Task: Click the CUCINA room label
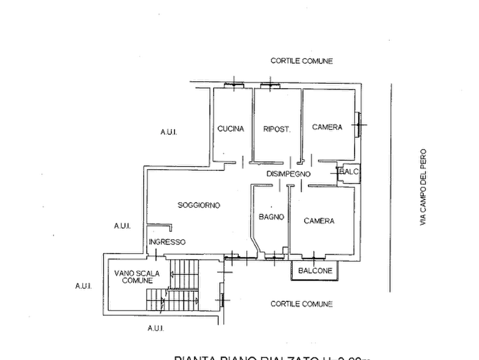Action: pos(232,129)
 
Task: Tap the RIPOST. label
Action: pos(277,129)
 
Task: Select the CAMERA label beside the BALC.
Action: pos(327,127)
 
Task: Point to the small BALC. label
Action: pos(349,171)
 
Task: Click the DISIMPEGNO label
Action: pos(289,174)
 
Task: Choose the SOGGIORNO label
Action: pos(200,205)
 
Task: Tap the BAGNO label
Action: pos(271,216)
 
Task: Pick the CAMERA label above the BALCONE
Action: pos(320,221)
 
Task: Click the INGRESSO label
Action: pos(168,242)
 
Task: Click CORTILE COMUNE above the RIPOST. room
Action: pos(303,61)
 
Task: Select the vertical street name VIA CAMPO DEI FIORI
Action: pos(423,186)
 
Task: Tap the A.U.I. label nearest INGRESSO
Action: pos(122,227)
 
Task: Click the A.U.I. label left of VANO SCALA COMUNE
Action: pos(83,287)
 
